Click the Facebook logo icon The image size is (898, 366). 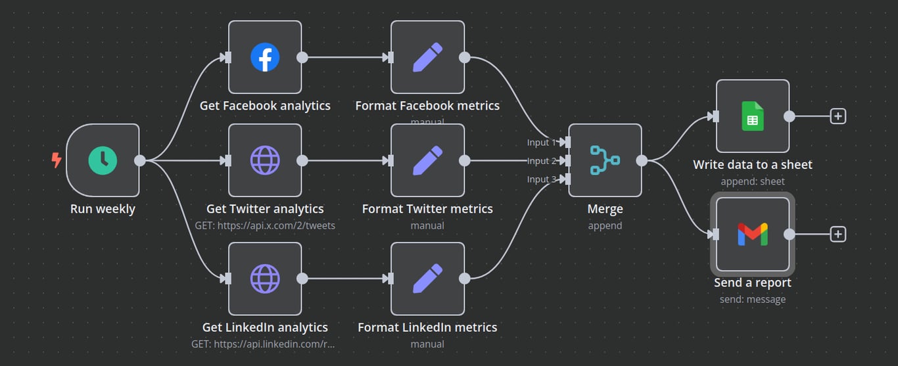click(265, 57)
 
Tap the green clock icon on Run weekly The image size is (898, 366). click(103, 160)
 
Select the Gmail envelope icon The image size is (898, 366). click(753, 234)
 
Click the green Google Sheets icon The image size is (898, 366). click(753, 116)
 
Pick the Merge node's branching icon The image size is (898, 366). click(605, 160)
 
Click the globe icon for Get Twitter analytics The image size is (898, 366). click(265, 160)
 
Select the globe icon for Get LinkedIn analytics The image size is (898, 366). click(265, 279)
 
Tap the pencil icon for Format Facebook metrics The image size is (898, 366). click(427, 57)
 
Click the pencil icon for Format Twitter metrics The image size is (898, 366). click(427, 160)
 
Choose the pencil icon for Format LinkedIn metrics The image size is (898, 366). click(427, 279)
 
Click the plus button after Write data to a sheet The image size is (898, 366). click(838, 116)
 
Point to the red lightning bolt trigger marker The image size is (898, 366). click(57, 160)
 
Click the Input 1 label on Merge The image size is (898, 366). click(541, 143)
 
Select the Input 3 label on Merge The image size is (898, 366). click(541, 179)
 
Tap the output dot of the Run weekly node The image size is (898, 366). click(140, 160)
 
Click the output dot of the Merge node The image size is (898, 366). click(642, 160)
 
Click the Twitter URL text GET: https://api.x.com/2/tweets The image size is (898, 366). click(265, 225)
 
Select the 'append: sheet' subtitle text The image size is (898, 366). click(753, 181)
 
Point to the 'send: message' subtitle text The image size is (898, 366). click(753, 299)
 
